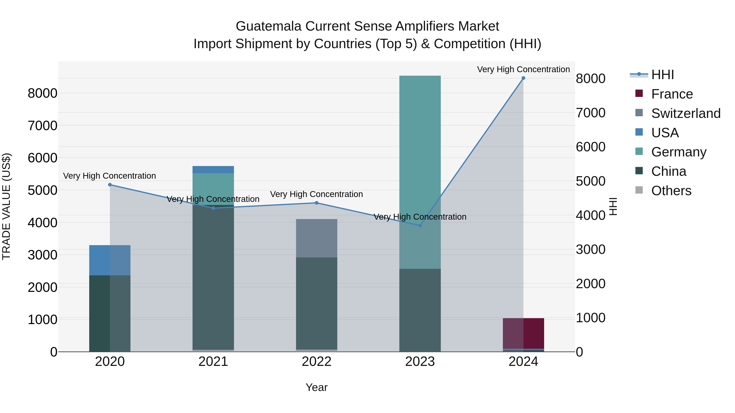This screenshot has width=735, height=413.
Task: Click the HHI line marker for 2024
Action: click(x=523, y=78)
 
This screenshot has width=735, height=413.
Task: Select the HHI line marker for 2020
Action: click(x=110, y=185)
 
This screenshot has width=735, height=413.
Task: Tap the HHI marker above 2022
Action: click(x=316, y=203)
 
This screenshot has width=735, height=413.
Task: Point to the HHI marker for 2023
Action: click(x=420, y=225)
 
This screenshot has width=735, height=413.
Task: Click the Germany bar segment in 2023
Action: click(x=420, y=171)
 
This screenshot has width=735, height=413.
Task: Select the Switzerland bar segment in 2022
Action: click(x=316, y=238)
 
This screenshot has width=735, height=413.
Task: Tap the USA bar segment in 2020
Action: click(x=110, y=260)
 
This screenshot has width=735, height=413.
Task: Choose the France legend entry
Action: click(x=672, y=94)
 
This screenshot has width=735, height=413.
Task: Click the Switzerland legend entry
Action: click(x=686, y=113)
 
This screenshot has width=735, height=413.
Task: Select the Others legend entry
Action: click(x=671, y=191)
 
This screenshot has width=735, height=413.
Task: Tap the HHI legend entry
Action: click(x=663, y=75)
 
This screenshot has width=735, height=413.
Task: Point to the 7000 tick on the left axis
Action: click(x=42, y=125)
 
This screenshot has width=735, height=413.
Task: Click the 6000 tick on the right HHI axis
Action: click(x=590, y=147)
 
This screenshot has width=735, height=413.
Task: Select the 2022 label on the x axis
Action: click(x=316, y=362)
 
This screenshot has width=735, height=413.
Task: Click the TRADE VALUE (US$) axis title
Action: click(x=7, y=206)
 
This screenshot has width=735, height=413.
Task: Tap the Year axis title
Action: click(x=316, y=387)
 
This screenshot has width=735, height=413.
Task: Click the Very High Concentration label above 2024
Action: click(x=523, y=69)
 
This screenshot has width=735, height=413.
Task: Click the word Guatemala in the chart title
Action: click(x=268, y=26)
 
